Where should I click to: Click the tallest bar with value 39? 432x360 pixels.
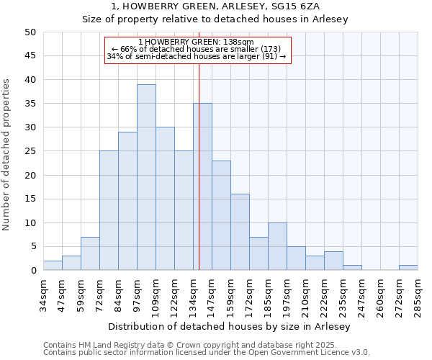pos(146,177)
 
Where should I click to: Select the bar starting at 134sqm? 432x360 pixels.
pos(202,186)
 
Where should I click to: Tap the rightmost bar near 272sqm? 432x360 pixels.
pos(408,268)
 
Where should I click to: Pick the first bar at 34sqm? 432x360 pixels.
pos(53,266)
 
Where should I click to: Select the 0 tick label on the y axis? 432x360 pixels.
pos(32,271)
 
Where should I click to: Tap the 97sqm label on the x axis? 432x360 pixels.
pos(138,294)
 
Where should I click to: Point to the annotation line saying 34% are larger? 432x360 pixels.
pos(197,56)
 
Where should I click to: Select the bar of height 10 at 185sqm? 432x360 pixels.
pos(277,246)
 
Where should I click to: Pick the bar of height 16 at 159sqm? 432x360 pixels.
pos(240,232)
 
